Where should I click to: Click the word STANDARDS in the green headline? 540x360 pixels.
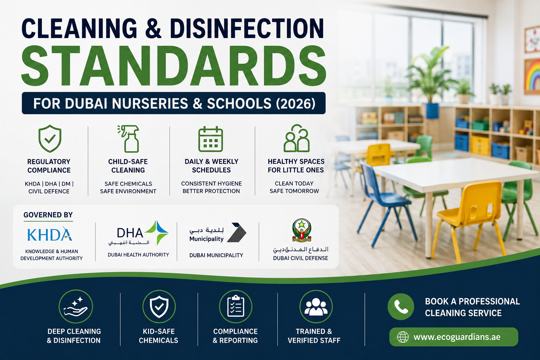click(x=174, y=66)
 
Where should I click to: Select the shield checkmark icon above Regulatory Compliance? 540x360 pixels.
click(x=50, y=139)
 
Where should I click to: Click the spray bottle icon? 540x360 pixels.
click(x=128, y=139)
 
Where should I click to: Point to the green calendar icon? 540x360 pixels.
click(x=211, y=139)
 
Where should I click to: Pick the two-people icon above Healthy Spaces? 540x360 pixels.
click(x=296, y=138)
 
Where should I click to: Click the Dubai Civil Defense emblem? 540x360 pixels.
click(x=302, y=230)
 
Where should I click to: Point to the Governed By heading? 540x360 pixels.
click(x=48, y=215)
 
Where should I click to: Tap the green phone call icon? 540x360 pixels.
click(x=401, y=307)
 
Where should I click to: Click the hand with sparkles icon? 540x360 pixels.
click(x=76, y=307)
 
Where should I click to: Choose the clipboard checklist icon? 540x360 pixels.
click(x=236, y=307)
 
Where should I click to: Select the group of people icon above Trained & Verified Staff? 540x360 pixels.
click(x=316, y=307)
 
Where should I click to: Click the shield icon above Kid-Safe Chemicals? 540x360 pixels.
click(x=159, y=307)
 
